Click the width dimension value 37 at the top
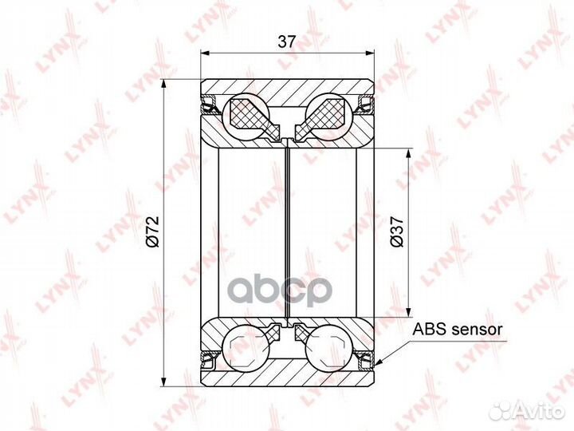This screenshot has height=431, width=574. pyautogui.click(x=286, y=42)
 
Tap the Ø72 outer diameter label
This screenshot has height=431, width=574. pyautogui.click(x=152, y=231)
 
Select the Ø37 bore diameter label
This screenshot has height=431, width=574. pyautogui.click(x=397, y=231)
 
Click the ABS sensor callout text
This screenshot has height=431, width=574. pyautogui.click(x=458, y=329)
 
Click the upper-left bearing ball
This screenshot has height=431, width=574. pyautogui.click(x=245, y=116)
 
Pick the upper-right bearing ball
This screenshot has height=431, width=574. pyautogui.click(x=329, y=116)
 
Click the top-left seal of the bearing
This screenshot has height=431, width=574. pyautogui.click(x=209, y=105)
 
